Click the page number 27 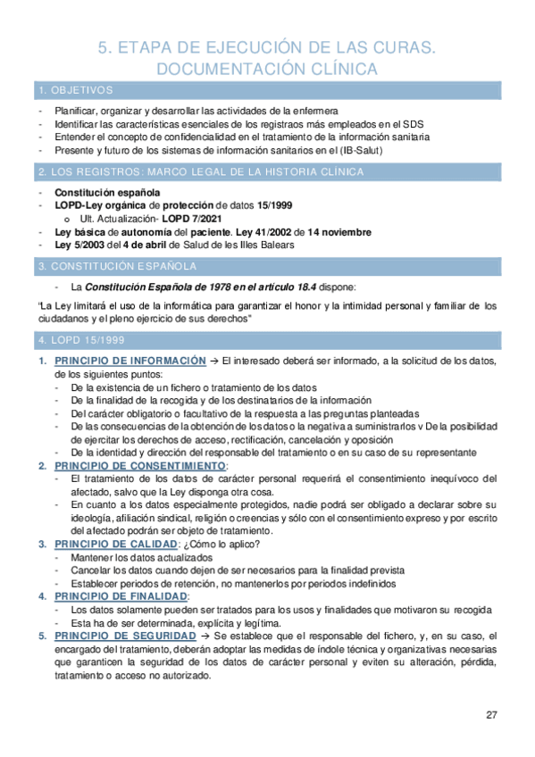[491, 715]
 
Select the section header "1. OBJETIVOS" [75, 90]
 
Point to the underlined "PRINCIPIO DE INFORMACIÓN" [130, 361]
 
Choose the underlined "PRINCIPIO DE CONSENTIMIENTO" [140, 466]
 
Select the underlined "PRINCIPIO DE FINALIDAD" [121, 595]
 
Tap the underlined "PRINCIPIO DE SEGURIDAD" [125, 636]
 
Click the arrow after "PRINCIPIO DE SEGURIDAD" [206, 636]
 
